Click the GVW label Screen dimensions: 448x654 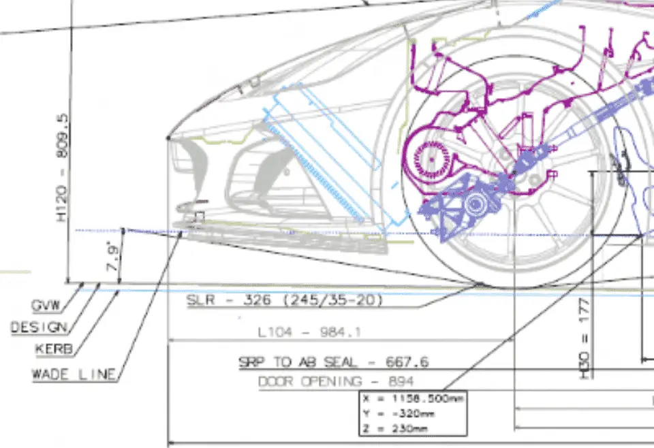[46, 305]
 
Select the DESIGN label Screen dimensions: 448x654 [39, 327]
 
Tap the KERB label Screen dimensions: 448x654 [53, 350]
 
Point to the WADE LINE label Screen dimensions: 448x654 [74, 374]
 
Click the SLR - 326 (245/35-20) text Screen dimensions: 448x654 [285, 300]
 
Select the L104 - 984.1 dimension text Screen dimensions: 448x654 [309, 332]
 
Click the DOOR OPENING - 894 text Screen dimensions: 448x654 [335, 381]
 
